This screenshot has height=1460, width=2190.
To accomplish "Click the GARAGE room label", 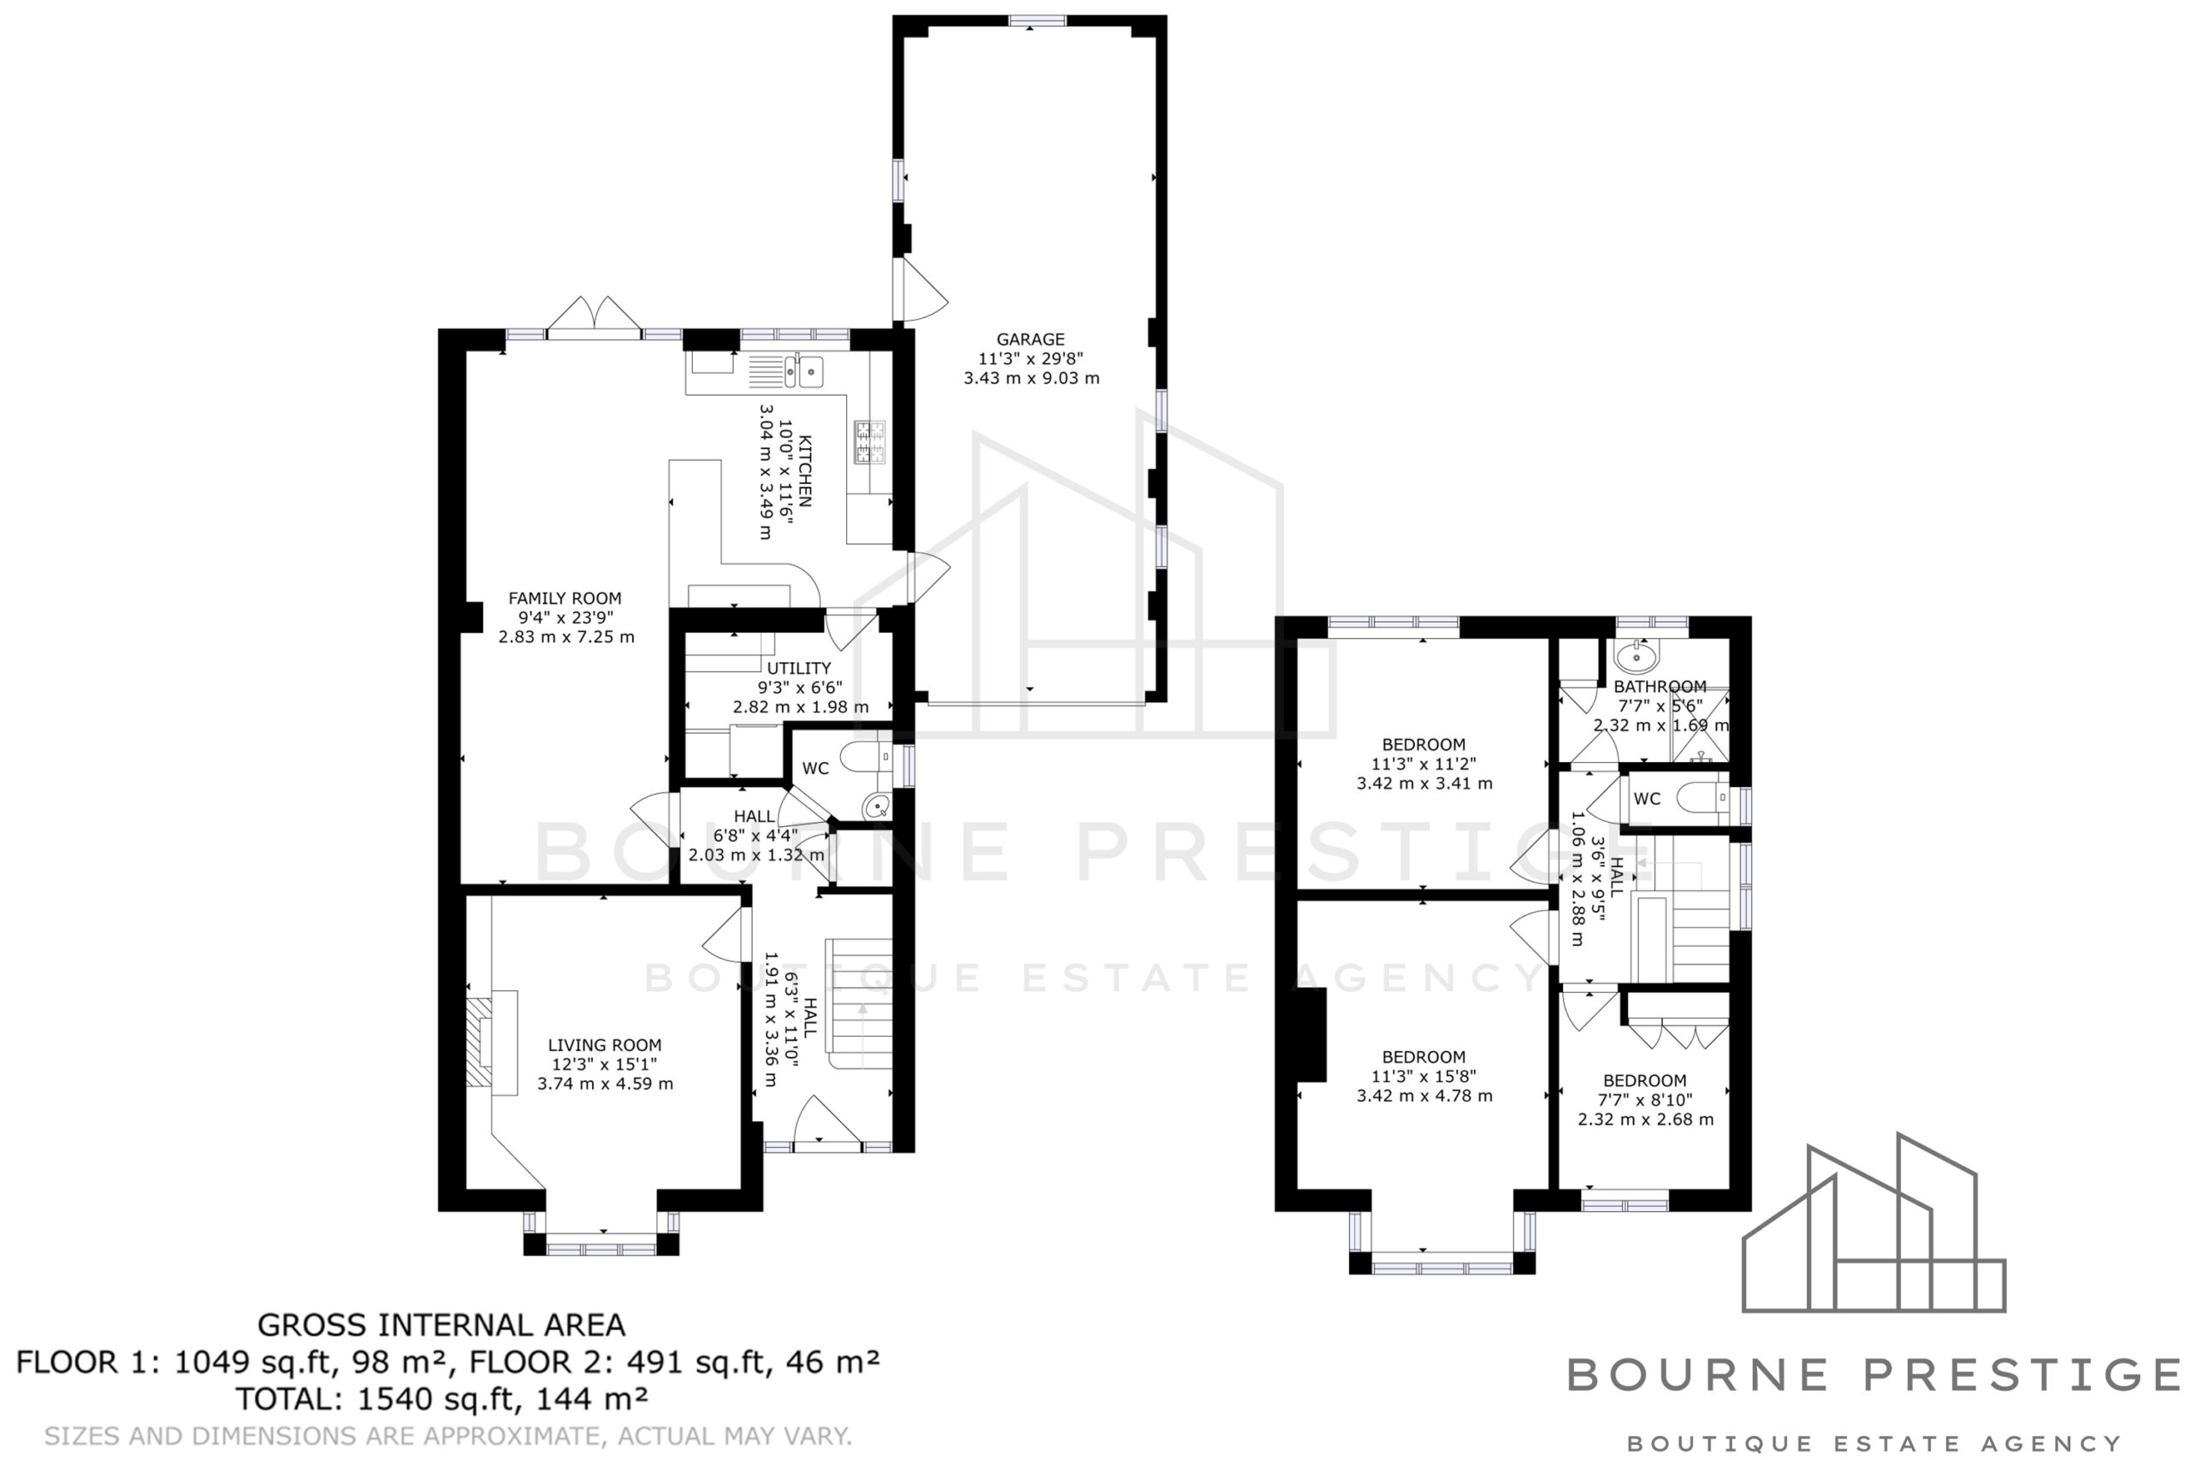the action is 1030,340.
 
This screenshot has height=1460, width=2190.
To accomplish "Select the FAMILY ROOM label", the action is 565,599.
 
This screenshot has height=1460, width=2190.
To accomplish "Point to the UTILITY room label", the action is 798,669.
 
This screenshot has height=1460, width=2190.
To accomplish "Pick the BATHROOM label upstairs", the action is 1660,687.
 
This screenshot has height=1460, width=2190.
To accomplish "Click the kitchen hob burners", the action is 870,443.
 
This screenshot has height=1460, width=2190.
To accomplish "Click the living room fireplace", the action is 491,1043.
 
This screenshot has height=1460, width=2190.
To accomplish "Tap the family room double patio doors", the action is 594,314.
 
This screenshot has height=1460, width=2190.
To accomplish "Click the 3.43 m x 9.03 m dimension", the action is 1031,379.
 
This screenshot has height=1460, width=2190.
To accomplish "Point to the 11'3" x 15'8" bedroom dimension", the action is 1423,1076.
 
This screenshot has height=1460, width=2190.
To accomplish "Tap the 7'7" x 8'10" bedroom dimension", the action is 1644,1100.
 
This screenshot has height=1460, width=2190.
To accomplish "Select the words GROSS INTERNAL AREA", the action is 441,1325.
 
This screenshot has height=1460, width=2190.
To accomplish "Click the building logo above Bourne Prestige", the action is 1873,1223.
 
